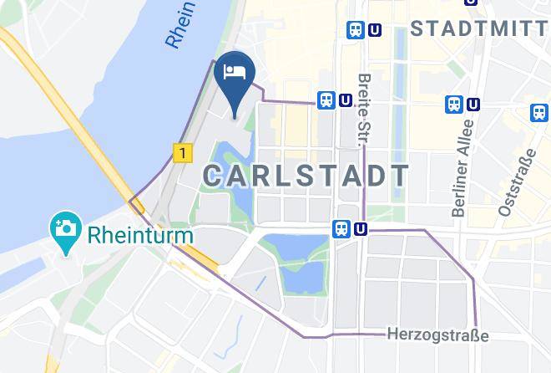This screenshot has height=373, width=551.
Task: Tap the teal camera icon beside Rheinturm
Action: (x=64, y=227)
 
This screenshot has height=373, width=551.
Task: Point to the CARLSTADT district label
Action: (x=306, y=176)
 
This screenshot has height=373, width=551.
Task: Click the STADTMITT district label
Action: (x=480, y=31)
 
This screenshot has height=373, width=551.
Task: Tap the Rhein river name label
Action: (x=182, y=23)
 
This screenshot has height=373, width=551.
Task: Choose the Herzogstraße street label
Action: (x=437, y=335)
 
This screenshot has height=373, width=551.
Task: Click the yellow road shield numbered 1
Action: (x=183, y=153)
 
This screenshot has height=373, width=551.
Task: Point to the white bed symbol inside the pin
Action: (x=235, y=70)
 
